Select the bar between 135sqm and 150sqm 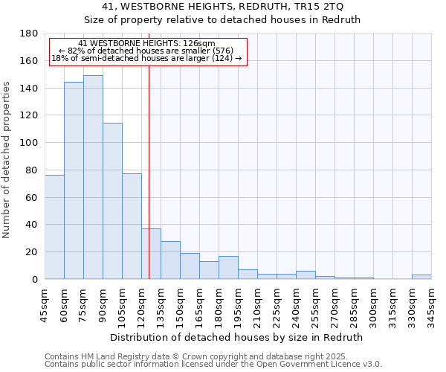coord(170,260)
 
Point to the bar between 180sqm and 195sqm coord(228,268)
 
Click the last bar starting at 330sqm coord(421,277)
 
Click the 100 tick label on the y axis coord(30,143)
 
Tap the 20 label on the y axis coord(33,252)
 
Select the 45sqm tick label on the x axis coord(45,304)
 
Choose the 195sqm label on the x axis coord(238,304)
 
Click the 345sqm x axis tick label coord(431,304)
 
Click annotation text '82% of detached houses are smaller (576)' coord(146,51)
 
